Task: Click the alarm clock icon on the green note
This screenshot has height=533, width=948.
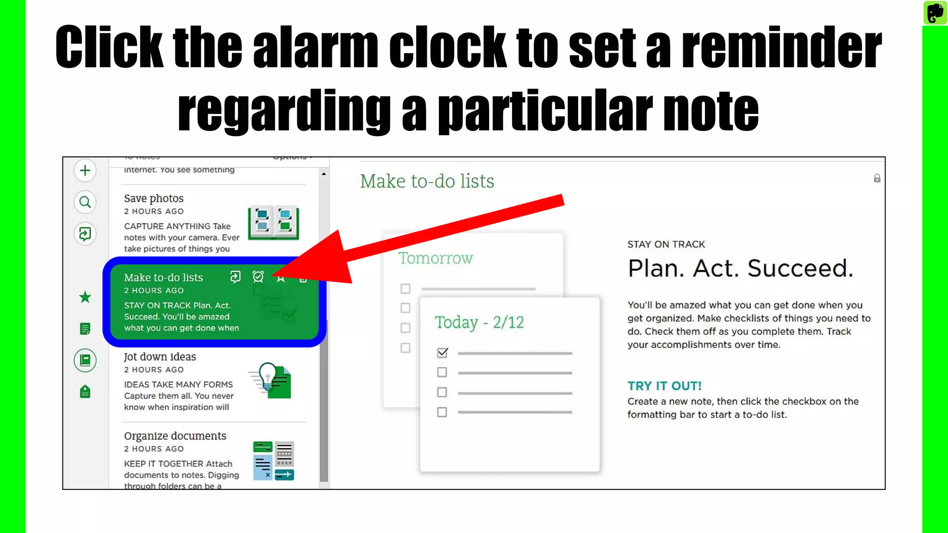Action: click(258, 277)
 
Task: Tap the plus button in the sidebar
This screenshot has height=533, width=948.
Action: click(85, 171)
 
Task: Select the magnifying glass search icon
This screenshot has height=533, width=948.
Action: click(85, 202)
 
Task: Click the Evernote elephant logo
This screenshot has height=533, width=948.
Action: click(935, 12)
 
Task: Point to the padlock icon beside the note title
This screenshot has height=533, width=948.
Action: click(877, 179)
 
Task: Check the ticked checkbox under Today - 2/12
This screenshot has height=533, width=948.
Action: click(442, 353)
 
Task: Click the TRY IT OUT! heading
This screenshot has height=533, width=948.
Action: click(664, 386)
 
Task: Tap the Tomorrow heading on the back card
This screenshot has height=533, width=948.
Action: click(436, 258)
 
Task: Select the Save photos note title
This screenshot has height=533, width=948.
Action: click(154, 198)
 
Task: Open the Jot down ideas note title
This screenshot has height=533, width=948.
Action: click(160, 357)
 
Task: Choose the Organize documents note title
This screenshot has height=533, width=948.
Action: click(175, 436)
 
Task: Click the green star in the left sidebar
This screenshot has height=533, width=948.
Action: click(85, 297)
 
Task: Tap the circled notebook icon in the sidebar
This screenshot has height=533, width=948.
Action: click(85, 360)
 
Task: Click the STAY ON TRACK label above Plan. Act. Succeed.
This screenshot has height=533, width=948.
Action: click(666, 244)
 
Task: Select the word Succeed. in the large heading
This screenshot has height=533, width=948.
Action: click(800, 268)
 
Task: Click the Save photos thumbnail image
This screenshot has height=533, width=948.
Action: click(273, 223)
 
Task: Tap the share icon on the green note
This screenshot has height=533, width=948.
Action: click(235, 277)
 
